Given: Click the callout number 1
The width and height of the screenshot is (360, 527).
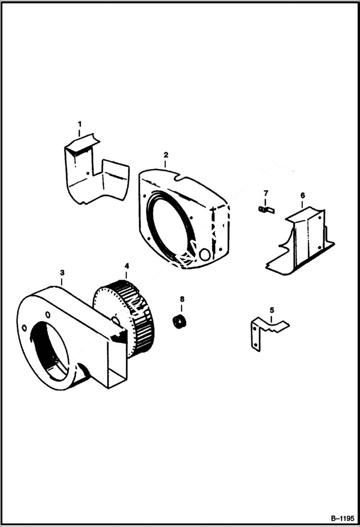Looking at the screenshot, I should tap(80, 124).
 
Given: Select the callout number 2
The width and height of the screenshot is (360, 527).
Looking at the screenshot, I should tap(166, 155).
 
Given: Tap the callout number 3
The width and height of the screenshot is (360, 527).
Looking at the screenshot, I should tap(62, 273).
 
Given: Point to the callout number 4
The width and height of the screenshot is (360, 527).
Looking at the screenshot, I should tap(127, 266).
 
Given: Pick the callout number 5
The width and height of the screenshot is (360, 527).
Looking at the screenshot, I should tap(272, 310).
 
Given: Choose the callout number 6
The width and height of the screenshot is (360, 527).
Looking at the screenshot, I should tap(302, 196).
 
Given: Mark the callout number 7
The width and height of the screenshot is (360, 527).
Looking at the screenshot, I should tap(265, 193).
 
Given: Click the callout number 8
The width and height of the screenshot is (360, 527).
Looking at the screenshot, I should tap(182, 299).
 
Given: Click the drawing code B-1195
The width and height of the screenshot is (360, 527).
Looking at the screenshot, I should tap(342, 519).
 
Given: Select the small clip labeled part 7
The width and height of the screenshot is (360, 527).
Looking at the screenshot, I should tap(263, 209).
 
